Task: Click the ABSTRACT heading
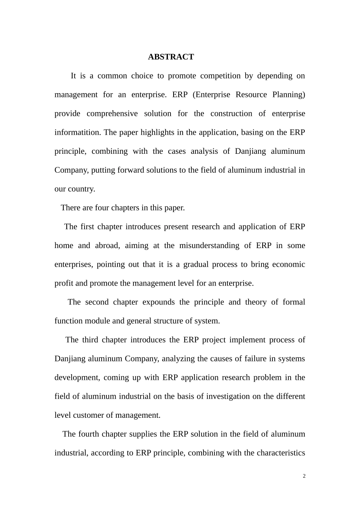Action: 171,57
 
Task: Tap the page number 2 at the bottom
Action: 304,476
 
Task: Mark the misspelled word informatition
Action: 78,133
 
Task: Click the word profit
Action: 64,283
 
